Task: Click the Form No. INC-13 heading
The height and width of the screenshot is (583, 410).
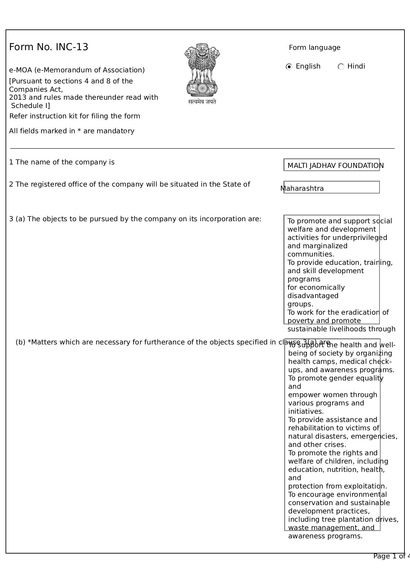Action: pos(49,47)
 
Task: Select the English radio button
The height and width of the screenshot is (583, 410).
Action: pos(289,66)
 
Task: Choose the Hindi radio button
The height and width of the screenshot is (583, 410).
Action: pos(341,66)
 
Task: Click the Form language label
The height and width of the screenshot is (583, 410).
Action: pos(315,47)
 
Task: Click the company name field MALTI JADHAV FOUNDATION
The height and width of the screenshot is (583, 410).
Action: pos(331,165)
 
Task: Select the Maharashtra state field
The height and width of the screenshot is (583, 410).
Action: pos(331,188)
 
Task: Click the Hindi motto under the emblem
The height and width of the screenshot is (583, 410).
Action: pos(202,102)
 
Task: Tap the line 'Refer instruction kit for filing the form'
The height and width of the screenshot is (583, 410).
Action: pos(75,116)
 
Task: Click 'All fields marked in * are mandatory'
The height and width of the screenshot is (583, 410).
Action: pos(72,131)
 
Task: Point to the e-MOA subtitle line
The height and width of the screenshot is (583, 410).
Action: pos(77,70)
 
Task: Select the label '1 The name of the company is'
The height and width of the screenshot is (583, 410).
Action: pos(62,162)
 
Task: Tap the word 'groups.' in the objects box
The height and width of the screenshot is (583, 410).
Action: pos(300,304)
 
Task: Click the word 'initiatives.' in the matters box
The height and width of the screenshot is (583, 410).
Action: pos(306,411)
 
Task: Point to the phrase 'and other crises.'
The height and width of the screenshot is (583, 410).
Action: pos(317,445)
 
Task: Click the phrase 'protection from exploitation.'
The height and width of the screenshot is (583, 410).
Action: pos(337,486)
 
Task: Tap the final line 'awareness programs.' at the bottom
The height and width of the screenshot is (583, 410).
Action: pos(325,536)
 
